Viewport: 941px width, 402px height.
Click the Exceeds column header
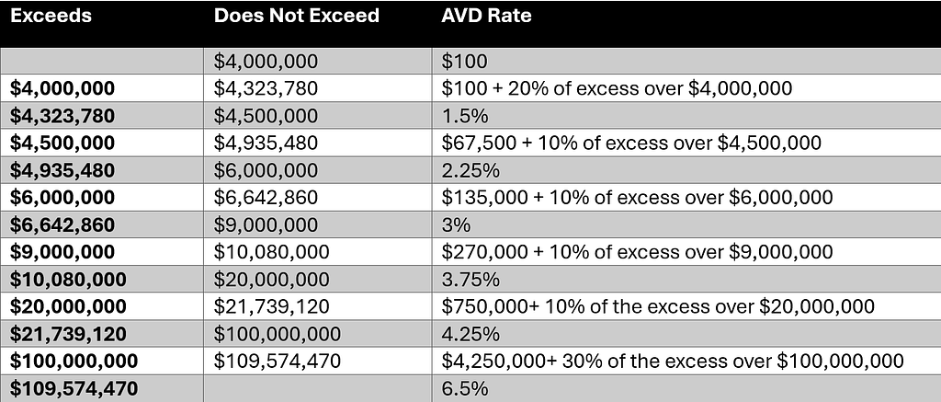pos(51,16)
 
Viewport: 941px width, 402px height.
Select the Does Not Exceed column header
pos(297,16)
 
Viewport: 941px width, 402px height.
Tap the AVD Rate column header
pos(486,16)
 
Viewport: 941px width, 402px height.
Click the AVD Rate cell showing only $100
pos(464,62)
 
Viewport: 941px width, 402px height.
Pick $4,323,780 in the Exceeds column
pos(62,116)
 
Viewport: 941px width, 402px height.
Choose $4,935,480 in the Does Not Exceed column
pos(266,143)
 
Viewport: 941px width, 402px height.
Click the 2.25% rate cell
pos(470,171)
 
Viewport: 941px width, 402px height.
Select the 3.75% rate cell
pos(470,280)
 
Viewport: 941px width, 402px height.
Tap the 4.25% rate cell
pos(470,334)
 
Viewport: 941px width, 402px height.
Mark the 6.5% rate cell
pos(464,389)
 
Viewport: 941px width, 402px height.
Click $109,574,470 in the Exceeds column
pos(74,389)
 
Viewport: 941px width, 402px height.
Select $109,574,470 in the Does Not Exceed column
pos(278,362)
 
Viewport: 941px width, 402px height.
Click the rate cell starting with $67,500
pos(631,143)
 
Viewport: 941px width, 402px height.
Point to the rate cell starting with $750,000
pos(658,306)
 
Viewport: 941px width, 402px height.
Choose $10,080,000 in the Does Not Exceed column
pos(272,252)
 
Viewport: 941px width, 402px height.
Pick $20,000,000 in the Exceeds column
pos(68,306)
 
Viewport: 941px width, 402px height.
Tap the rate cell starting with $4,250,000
pos(673,362)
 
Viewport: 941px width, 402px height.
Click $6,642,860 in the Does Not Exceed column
pos(266,198)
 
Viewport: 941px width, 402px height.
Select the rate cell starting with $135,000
pos(638,198)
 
